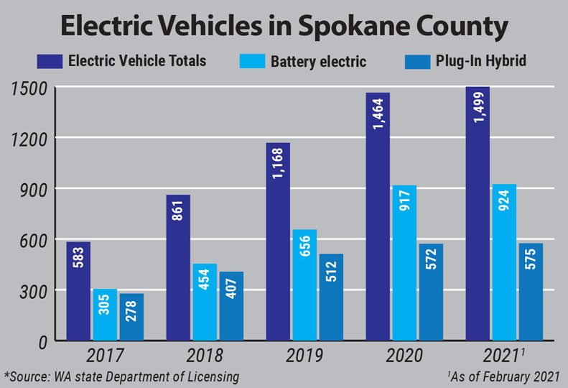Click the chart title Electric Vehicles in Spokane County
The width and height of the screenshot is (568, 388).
284,27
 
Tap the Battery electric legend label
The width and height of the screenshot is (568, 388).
318,61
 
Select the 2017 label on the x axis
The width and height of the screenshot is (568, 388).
105,355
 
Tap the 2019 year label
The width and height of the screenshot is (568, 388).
304,355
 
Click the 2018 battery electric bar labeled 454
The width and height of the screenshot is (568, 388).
205,302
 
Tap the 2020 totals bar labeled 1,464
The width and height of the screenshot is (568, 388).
378,216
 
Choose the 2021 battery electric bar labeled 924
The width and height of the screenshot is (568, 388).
504,262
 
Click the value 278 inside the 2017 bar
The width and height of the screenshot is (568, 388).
132,316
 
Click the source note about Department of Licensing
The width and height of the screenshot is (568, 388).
121,376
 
